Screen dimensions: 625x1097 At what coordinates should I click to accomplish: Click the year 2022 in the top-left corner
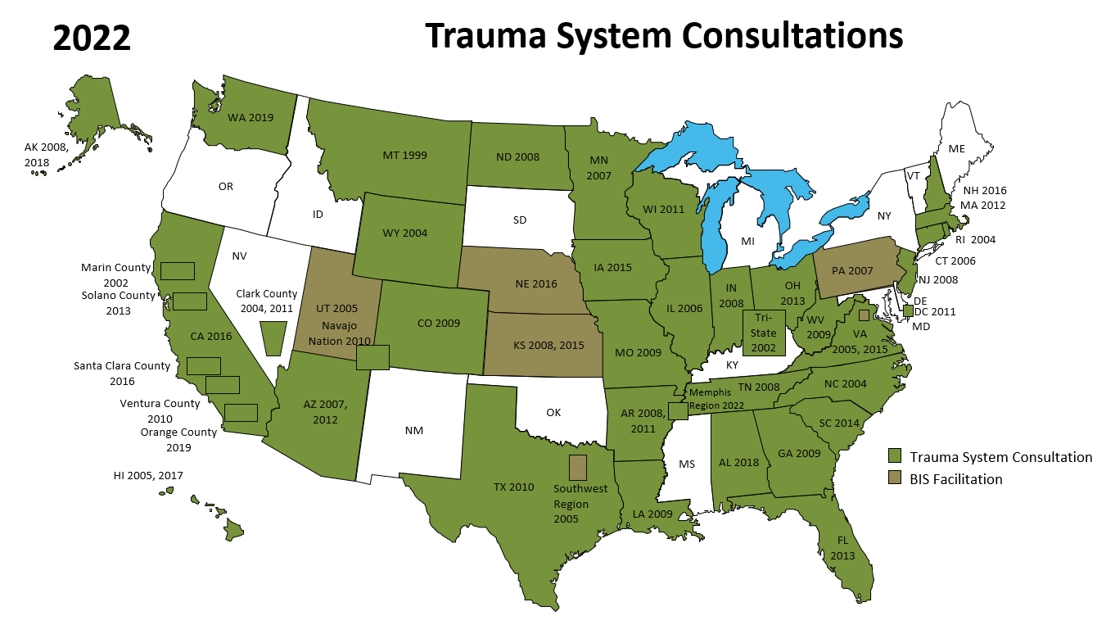[x=92, y=38]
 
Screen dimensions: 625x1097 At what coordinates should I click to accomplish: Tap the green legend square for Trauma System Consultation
[x=895, y=456]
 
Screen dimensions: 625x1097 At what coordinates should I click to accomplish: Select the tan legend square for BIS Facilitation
[x=895, y=478]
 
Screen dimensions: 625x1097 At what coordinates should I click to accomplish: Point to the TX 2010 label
[x=513, y=487]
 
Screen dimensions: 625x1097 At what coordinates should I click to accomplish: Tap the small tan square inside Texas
[x=578, y=468]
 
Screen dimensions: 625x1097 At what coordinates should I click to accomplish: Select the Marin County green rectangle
[x=177, y=270]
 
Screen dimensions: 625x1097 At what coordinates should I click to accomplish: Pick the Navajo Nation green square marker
[x=372, y=357]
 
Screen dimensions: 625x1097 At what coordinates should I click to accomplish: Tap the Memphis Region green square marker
[x=677, y=411]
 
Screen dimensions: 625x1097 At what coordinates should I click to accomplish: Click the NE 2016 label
[x=536, y=284]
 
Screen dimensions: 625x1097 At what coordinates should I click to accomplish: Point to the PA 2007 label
[x=853, y=270]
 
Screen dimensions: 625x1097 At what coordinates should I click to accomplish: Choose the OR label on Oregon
[x=226, y=187]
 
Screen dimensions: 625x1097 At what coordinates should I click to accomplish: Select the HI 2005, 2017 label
[x=148, y=475]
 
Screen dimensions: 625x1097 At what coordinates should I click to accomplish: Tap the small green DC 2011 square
[x=908, y=310]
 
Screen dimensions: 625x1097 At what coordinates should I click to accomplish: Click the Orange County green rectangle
[x=241, y=412]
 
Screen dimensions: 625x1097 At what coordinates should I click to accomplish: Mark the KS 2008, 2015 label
[x=548, y=345]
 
